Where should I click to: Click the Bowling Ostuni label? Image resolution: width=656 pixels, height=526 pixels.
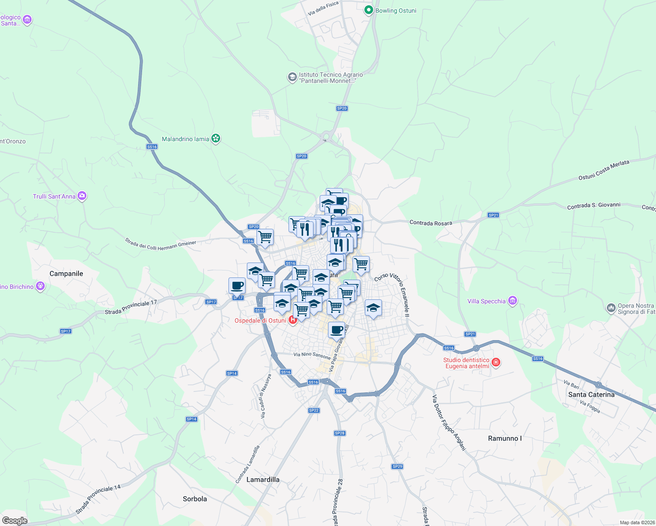point(396,11)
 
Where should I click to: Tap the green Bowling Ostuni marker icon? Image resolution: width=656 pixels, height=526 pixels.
point(369,10)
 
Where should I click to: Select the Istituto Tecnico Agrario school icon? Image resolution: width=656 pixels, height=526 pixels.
point(292,78)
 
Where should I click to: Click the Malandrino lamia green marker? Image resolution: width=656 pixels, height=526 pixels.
point(215,139)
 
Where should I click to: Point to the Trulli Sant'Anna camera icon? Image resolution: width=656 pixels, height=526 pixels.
point(82,196)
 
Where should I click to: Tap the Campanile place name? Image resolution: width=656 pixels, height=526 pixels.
point(66,274)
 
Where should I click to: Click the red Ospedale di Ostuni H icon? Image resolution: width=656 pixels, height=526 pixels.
point(292,320)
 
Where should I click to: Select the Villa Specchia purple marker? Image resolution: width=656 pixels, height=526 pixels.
point(512,301)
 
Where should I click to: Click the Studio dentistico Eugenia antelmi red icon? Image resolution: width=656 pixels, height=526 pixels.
point(496,362)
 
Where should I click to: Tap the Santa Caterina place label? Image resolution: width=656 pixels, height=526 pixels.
point(591,394)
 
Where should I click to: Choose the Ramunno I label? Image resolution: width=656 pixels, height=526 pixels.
point(505,438)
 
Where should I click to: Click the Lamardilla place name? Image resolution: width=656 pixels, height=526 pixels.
point(263,480)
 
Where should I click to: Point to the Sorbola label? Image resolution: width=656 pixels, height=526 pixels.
point(195,499)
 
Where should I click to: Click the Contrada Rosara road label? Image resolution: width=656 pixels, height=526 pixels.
point(431,223)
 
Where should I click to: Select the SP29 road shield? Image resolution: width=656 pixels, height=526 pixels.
point(397,466)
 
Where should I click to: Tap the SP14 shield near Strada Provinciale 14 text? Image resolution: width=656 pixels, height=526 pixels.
point(192,419)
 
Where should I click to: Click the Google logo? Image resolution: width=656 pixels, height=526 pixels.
point(14,521)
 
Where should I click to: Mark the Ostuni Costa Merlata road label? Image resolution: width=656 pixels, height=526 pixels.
point(604,170)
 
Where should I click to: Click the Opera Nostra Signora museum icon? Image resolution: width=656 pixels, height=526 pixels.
point(611,308)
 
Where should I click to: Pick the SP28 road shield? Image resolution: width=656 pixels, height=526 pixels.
point(339,433)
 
